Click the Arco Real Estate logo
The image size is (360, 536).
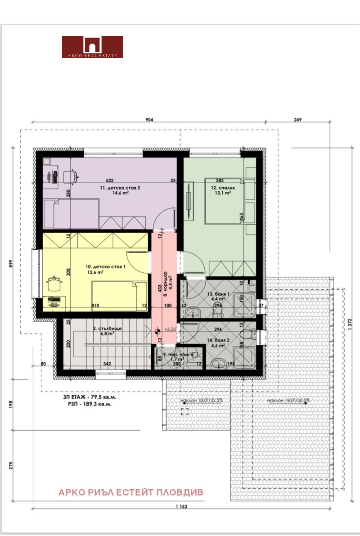[x=92, y=47]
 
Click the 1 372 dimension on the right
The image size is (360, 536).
[x=349, y=332]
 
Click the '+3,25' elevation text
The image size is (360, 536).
[x=170, y=329]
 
